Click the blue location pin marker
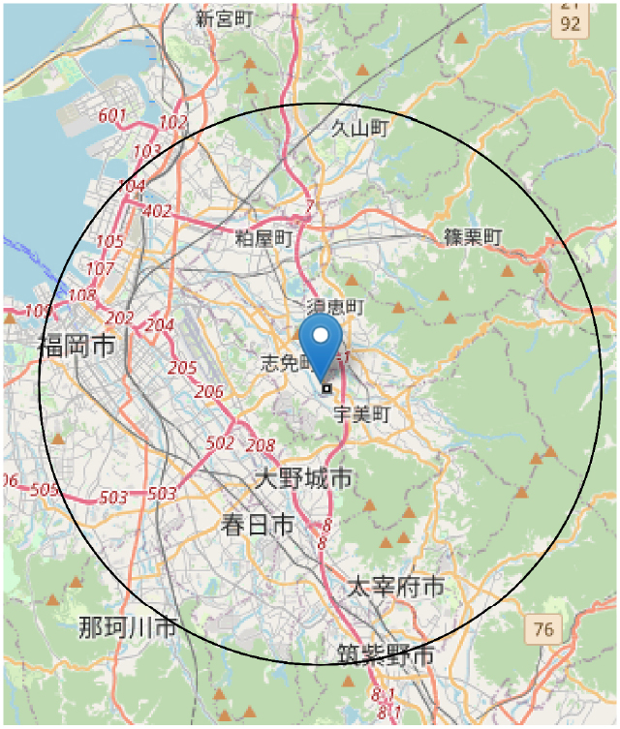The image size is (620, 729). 321,341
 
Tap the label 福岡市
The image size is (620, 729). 77,345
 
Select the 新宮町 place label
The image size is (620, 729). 225,18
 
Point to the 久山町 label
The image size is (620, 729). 359,128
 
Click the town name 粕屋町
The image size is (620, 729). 263,237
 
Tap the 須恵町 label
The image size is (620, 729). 334,307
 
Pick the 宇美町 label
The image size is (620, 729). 360,414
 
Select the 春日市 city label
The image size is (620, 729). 257,525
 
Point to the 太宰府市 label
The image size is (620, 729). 395,586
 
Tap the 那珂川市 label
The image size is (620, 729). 128,626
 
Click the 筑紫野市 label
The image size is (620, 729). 386,656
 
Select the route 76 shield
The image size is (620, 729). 543,630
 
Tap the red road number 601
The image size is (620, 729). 113,116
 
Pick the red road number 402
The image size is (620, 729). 156,210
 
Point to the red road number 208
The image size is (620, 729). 261,445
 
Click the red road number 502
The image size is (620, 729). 221,442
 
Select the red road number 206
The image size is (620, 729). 208,391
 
